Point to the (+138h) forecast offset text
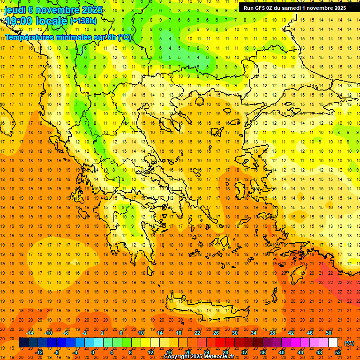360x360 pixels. coord(83,21)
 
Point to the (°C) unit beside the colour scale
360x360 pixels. coord(350,343)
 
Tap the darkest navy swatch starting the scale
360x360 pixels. coord(23,343)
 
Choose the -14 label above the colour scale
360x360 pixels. coord(31,333)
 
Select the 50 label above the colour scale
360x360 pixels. coord(328,333)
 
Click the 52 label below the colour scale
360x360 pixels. coord(338,352)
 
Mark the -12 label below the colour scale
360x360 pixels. coord(40,352)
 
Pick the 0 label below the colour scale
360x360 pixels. coord(92,352)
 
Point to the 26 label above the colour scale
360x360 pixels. coord(216,333)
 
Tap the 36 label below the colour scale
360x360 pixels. coord(263,352)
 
